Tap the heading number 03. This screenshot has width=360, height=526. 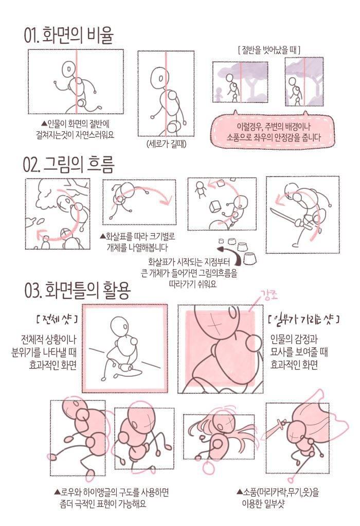click(33, 290)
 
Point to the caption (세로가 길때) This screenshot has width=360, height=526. click(166, 144)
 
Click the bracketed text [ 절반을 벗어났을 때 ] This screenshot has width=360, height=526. click(268, 50)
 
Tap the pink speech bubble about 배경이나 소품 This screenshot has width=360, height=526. click(274, 132)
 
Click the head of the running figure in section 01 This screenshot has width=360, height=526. click(69, 70)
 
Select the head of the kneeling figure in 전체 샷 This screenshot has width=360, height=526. click(119, 325)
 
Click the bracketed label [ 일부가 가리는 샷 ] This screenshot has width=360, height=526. click(304, 319)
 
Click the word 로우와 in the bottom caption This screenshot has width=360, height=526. click(69, 493)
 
